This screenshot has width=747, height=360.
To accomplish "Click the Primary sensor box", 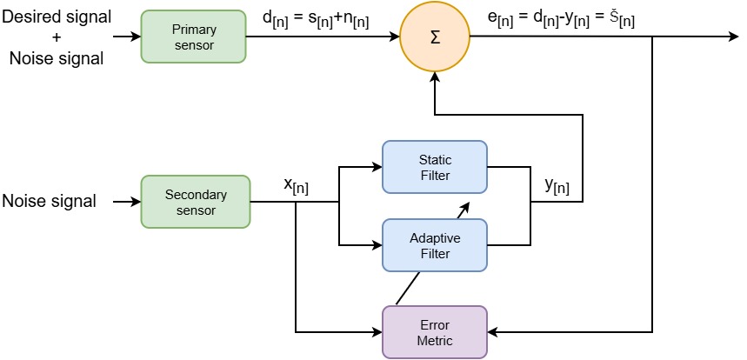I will pos(194,37).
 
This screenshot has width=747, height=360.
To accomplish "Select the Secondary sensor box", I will pos(195,202).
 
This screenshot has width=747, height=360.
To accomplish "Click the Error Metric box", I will pos(435,331).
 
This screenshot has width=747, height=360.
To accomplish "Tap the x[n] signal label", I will pos(296,185).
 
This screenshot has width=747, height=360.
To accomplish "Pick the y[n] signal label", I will pos(557,185).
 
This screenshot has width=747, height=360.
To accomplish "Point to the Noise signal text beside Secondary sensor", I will pos(48,202).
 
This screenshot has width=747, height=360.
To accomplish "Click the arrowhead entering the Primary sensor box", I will pos(135,37).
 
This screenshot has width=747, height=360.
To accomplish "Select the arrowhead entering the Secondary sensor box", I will pos(135,202).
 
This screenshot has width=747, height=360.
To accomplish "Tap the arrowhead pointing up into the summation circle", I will pos(434,78).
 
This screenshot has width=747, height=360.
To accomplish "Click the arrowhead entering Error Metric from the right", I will pos(494,331).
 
